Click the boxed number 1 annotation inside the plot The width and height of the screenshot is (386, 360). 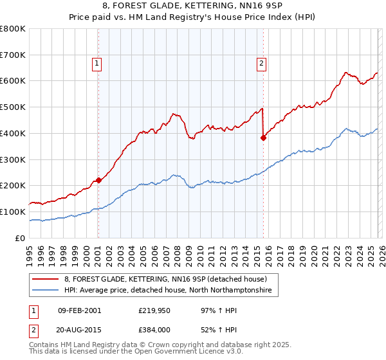coord(96,63)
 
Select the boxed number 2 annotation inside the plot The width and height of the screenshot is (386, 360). coord(262,63)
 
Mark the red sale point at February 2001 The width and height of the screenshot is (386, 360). coord(98,180)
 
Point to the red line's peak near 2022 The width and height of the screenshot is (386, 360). coord(345,73)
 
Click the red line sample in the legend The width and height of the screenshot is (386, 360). coord(46,280)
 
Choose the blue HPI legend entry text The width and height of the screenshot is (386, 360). coord(168,291)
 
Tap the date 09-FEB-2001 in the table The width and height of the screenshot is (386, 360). coord(79,311)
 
